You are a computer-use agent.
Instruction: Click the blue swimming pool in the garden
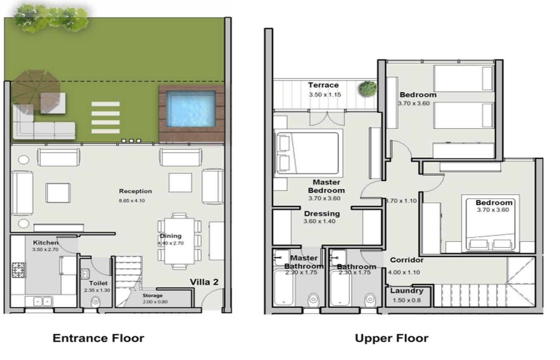coord(191,109)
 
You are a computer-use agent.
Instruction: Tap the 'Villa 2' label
coord(204,282)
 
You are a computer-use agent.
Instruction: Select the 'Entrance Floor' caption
coord(98,338)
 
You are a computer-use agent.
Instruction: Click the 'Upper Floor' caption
coord(392,338)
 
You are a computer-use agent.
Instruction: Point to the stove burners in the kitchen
coord(19,270)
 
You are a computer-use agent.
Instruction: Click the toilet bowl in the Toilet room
coord(96,302)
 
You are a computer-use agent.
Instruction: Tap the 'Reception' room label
coord(136,191)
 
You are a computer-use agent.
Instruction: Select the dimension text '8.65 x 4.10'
coord(132,200)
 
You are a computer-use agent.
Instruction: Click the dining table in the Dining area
coord(179,241)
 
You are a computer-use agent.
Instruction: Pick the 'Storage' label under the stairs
coord(152,296)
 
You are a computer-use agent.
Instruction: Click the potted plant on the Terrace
coord(368,89)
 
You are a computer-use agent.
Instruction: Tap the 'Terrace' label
coord(323,85)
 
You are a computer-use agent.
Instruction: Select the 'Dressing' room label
coord(322,214)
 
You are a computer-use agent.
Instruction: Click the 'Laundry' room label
coord(407,291)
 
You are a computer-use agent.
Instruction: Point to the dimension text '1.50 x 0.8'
coord(407,300)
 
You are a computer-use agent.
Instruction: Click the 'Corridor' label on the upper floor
coord(407,260)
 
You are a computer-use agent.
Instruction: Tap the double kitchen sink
coord(42,302)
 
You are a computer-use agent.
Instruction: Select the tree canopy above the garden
coord(51,18)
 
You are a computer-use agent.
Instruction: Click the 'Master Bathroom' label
coord(304,262)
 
